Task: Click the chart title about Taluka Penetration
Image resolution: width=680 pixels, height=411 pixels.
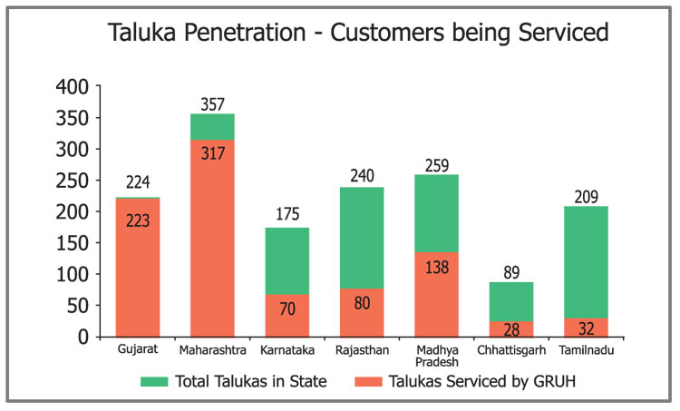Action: point(357,34)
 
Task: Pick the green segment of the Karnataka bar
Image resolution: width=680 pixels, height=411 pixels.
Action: point(287,260)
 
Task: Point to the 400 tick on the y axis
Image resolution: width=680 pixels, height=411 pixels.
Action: point(72,87)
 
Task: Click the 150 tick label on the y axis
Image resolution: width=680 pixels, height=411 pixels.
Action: point(72,242)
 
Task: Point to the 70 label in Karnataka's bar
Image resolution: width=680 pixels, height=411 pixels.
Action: point(287,308)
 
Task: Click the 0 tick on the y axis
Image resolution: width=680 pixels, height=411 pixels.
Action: point(83,337)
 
